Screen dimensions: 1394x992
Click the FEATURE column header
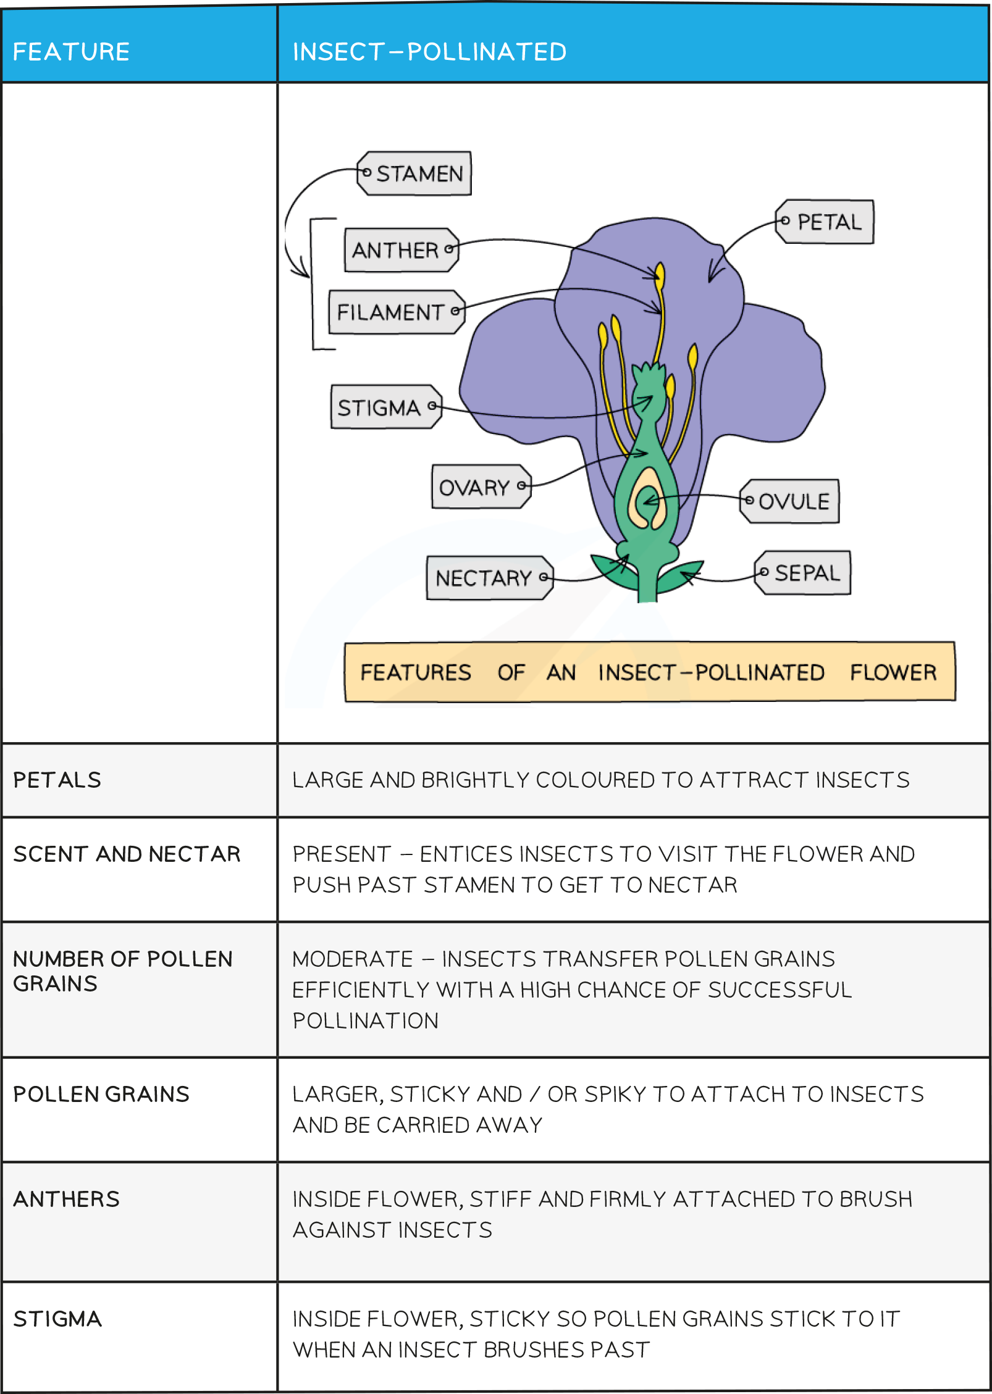click(x=71, y=52)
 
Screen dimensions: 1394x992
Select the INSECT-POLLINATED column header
click(x=429, y=52)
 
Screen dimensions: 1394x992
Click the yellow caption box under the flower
click(x=649, y=672)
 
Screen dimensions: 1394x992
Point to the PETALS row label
click(x=57, y=780)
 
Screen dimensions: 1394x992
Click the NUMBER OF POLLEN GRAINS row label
click(x=122, y=970)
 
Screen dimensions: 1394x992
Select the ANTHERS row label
click(x=66, y=1198)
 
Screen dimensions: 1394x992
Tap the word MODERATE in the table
click(x=353, y=959)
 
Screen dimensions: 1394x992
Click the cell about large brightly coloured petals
click(x=600, y=780)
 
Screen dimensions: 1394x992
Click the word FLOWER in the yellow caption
click(x=893, y=672)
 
